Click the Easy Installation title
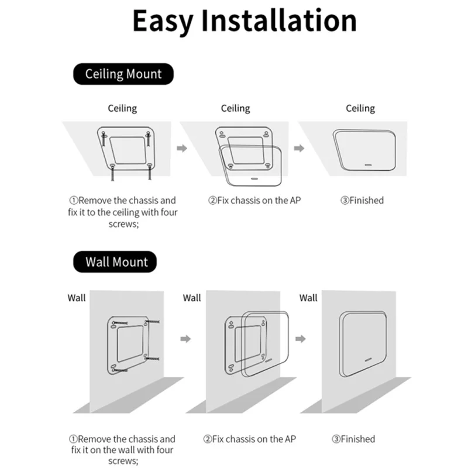pyautogui.click(x=244, y=21)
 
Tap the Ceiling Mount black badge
pyautogui.click(x=123, y=74)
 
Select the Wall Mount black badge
pyautogui.click(x=116, y=261)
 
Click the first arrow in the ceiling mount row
pyautogui.click(x=181, y=149)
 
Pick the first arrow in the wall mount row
pyautogui.click(x=185, y=339)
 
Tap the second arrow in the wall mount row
pyautogui.click(x=301, y=339)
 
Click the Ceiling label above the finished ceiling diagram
pyautogui.click(x=360, y=108)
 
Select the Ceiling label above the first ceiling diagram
pyautogui.click(x=122, y=108)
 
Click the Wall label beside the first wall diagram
pyautogui.click(x=76, y=298)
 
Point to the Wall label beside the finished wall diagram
pyautogui.click(x=308, y=298)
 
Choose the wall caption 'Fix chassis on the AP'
pyautogui.click(x=253, y=439)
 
